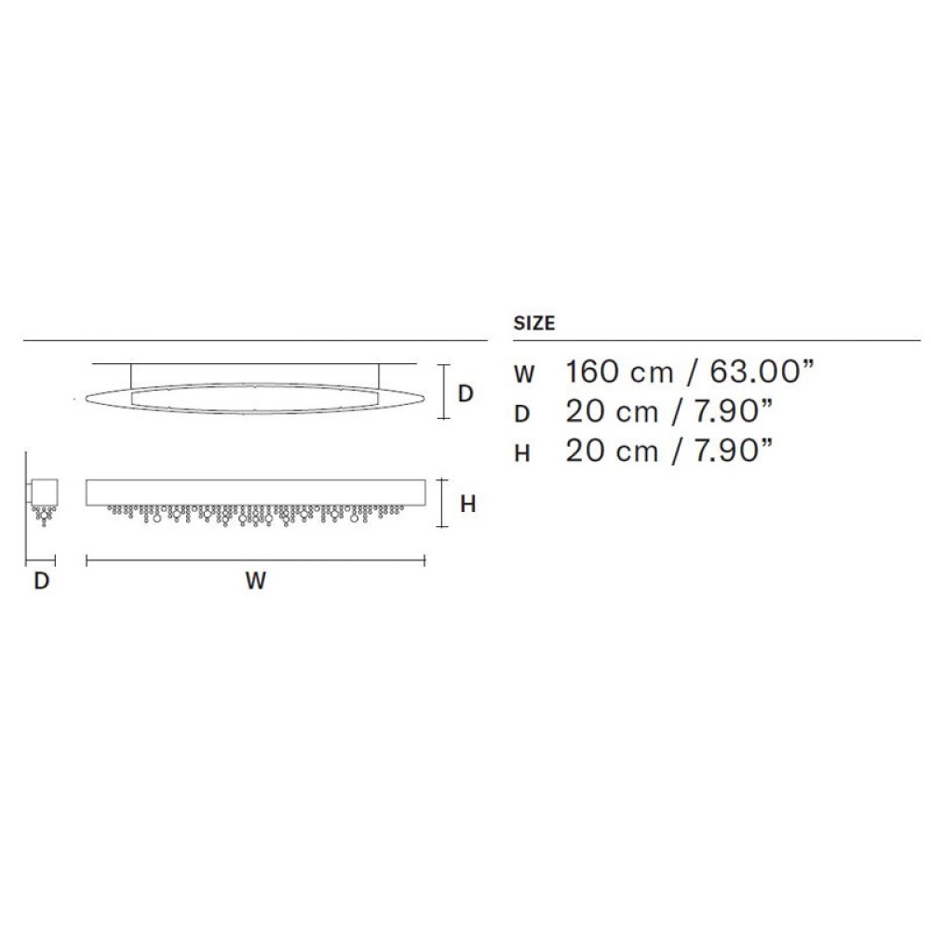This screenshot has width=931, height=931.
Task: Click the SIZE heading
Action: pyautogui.click(x=533, y=323)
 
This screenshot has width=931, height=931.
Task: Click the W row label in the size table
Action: pyautogui.click(x=523, y=374)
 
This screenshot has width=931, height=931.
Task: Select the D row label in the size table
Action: pyautogui.click(x=521, y=414)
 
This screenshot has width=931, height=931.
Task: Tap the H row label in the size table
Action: pyautogui.click(x=521, y=453)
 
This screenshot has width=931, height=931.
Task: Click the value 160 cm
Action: pyautogui.click(x=619, y=372)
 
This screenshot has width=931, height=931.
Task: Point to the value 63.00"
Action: pyautogui.click(x=762, y=371)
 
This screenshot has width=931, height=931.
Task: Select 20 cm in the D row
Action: pyautogui.click(x=612, y=412)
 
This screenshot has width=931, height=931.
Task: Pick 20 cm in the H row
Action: pyautogui.click(x=612, y=451)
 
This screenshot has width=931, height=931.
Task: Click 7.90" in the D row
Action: pyautogui.click(x=734, y=411)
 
